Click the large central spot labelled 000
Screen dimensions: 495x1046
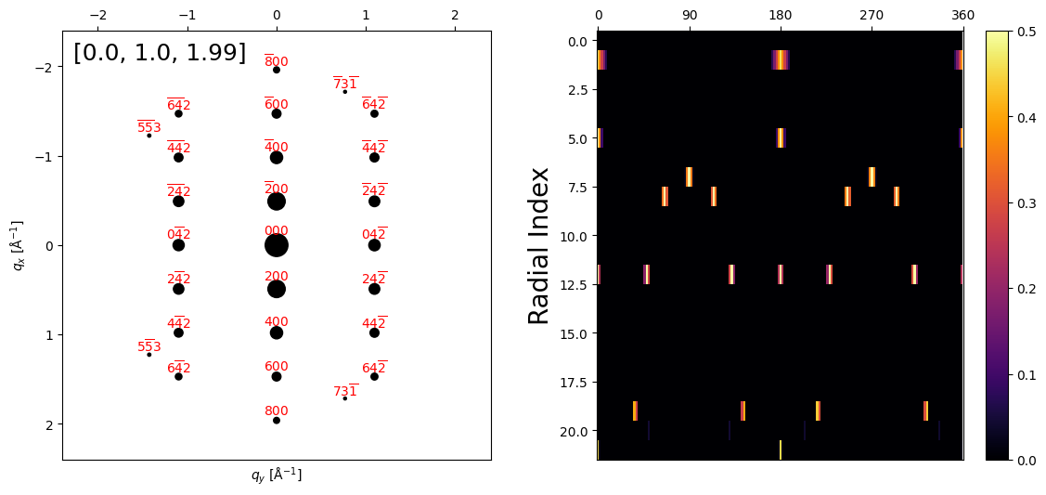point(276,245)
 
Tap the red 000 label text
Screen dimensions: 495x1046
point(276,231)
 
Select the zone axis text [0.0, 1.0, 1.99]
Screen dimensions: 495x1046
point(160,53)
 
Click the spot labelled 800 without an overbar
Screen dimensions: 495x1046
point(276,420)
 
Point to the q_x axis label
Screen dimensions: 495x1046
point(19,245)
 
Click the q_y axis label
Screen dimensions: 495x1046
point(276,475)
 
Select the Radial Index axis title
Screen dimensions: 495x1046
point(539,245)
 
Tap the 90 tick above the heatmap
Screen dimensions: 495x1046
point(689,16)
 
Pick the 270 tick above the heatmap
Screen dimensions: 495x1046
point(872,16)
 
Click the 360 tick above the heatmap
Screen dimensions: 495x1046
point(962,16)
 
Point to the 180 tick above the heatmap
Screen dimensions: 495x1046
point(780,16)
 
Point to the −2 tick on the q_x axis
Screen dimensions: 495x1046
point(43,68)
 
